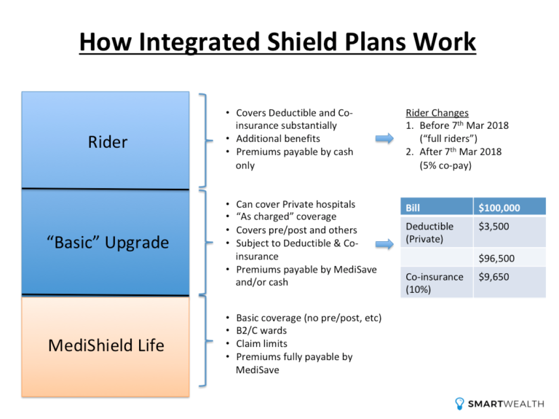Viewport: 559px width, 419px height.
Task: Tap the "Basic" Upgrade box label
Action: pyautogui.click(x=106, y=242)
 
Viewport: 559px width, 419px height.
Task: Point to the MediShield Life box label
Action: pyautogui.click(x=106, y=345)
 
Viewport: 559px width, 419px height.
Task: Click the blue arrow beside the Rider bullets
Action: pyautogui.click(x=386, y=139)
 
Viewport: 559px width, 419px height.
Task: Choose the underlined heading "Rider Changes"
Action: pyautogui.click(x=437, y=113)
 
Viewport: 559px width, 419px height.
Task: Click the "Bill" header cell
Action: pyautogui.click(x=413, y=208)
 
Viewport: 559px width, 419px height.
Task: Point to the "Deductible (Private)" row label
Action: pyautogui.click(x=429, y=232)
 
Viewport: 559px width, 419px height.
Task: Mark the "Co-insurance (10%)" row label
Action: pyautogui.click(x=434, y=283)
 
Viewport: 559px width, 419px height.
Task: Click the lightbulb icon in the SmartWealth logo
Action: pyautogui.click(x=459, y=403)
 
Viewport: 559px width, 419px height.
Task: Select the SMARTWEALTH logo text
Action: pyautogui.click(x=505, y=404)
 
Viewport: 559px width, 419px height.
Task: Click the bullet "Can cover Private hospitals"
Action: pyautogui.click(x=296, y=204)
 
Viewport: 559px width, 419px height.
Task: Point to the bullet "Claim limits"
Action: pyautogui.click(x=261, y=343)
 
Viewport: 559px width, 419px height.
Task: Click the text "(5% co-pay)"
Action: pyautogui.click(x=445, y=165)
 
